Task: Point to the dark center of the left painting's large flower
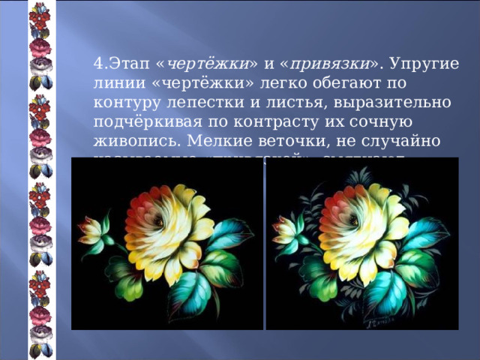[160, 220]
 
